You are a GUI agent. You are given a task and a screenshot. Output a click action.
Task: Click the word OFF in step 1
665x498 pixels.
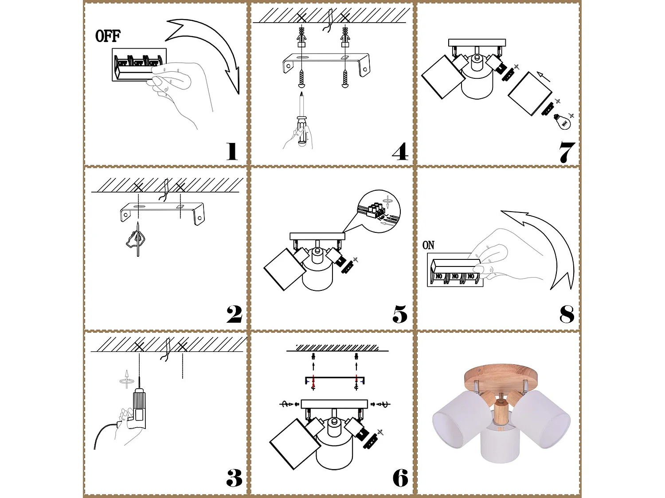[x=108, y=36]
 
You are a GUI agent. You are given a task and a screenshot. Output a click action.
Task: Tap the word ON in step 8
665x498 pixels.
[x=428, y=245]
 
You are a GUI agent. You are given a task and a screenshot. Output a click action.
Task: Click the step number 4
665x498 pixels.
[x=400, y=151]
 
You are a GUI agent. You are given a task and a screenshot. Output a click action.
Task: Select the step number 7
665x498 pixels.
[x=567, y=152]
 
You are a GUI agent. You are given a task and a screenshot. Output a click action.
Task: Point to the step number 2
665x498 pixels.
[x=234, y=314]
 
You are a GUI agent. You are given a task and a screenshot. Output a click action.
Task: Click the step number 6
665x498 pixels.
[x=400, y=478]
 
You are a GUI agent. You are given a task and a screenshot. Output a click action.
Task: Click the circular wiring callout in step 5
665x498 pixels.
[x=379, y=212]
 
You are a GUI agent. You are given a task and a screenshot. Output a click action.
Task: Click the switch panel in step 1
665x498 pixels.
[x=138, y=65]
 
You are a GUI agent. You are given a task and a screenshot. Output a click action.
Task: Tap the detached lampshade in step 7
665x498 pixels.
[x=530, y=93]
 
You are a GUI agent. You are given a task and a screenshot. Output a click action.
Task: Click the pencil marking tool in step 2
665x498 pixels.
[x=138, y=239]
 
